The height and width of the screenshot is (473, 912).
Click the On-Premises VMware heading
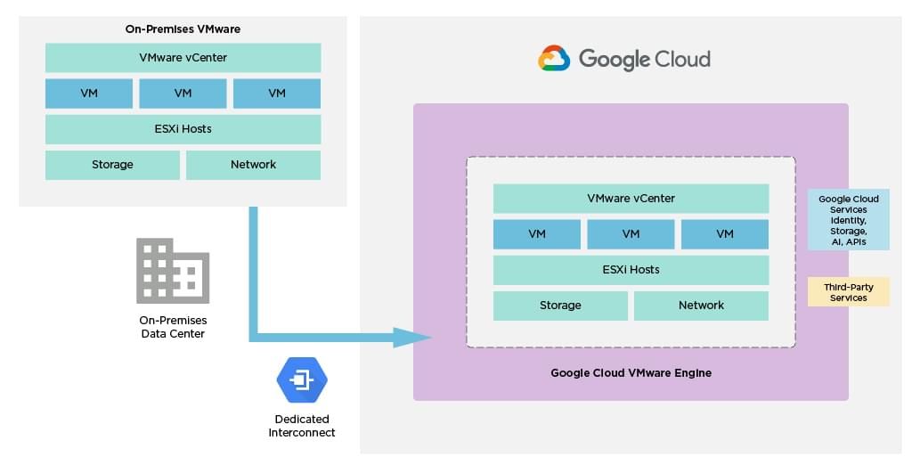183,29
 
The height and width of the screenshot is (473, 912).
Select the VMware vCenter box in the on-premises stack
183,58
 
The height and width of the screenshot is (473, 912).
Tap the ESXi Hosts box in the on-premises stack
183,129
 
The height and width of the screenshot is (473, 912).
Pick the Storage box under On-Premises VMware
112,165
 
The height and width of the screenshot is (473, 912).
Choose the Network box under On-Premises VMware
253,165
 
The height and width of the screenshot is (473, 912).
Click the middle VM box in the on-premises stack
183,94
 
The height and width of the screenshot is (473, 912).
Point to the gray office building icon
173,271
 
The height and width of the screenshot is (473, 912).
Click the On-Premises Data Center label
173,327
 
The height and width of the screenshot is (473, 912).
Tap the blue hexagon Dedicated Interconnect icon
302,381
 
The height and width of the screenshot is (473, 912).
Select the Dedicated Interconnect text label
302,426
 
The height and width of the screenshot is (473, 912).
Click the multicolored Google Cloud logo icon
554,59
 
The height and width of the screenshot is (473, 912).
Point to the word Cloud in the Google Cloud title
682,60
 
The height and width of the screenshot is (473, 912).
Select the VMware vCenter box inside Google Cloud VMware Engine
631,199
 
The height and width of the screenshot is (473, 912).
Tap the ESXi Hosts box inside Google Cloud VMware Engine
631,270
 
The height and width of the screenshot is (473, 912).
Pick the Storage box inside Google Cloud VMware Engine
560,306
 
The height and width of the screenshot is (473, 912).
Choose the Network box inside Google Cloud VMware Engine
701,306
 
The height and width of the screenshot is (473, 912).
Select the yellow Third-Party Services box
848,292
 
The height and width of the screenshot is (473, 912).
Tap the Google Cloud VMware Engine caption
631,373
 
